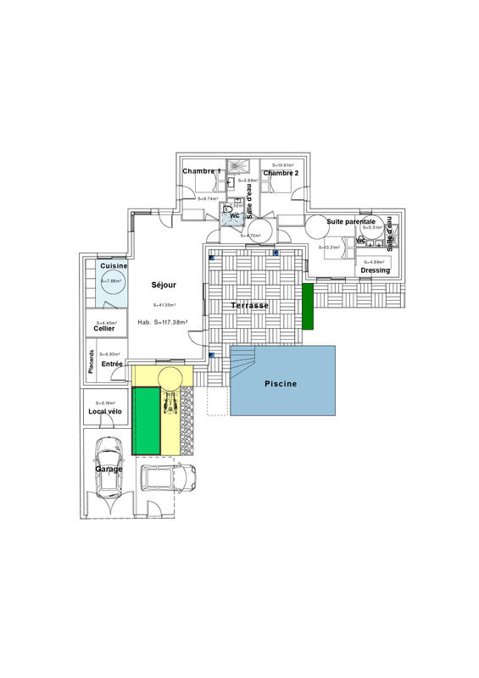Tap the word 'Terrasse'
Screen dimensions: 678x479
coord(250,305)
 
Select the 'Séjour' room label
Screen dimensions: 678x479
coord(164,285)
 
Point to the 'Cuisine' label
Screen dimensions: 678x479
coord(113,266)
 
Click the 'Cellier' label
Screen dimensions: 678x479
coord(104,329)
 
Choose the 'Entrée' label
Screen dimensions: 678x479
coord(112,364)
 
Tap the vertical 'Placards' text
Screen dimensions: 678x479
coord(92,361)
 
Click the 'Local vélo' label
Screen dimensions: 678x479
coord(105,412)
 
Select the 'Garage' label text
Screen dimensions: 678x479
coord(109,469)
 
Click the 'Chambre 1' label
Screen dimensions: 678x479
coord(202,172)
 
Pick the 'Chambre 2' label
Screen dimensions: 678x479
coord(280,173)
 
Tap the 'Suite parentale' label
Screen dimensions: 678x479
coord(351,221)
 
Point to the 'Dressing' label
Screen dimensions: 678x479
coord(375,270)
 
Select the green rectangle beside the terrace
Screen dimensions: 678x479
coord(309,306)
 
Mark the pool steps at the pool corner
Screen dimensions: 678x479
coord(243,364)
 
